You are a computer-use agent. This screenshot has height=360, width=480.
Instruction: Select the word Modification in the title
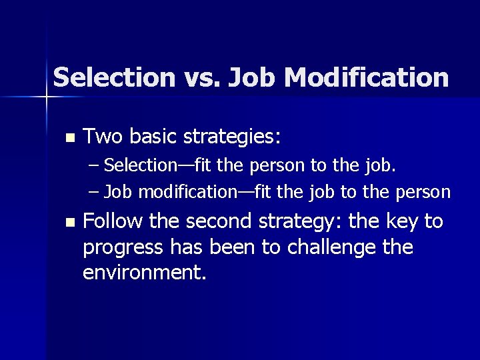(367, 77)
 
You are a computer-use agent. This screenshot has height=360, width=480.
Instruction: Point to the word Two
(103, 137)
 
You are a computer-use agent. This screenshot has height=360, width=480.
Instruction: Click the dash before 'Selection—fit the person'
(95, 165)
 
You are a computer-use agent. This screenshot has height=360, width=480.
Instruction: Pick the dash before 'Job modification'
(95, 193)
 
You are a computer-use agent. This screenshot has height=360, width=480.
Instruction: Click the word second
(224, 221)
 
